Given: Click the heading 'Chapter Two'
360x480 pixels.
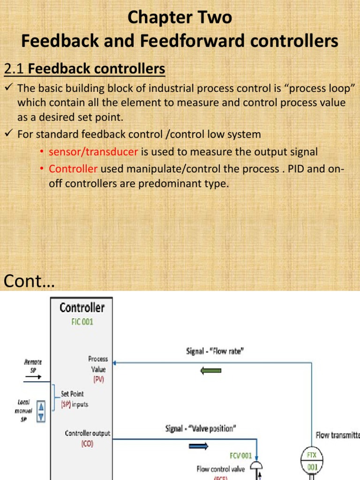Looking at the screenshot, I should point(180,18).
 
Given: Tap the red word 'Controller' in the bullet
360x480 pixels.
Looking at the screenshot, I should point(73,169).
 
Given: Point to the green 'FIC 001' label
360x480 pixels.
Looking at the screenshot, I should point(82,322).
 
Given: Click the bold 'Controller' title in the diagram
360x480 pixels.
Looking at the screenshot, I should point(82,308).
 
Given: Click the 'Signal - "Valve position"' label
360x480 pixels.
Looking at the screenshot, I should point(201,428).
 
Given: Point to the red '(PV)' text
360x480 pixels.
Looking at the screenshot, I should point(98,379).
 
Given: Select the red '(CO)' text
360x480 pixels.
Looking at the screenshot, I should point(88,442).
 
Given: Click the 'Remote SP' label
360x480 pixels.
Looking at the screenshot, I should point(33,365).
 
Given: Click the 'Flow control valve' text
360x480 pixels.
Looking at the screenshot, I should point(223,468).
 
